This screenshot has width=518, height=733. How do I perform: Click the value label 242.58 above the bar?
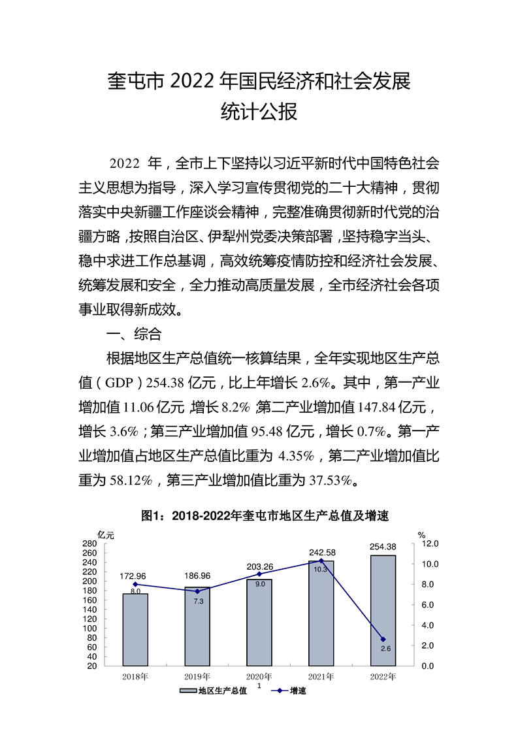point(321,552)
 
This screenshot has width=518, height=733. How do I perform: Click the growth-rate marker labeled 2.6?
point(383,639)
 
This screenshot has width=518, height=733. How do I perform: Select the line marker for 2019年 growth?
point(197,591)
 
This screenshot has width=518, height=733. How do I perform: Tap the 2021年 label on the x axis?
point(321,676)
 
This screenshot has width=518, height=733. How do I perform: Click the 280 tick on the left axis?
point(89,544)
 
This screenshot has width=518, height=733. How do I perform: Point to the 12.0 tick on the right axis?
point(431,544)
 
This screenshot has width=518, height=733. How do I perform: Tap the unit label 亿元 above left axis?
point(105,534)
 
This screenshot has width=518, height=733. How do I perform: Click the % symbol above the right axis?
point(422,534)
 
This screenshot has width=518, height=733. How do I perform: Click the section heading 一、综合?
point(134,335)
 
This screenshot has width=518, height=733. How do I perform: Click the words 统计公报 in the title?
point(259,112)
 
